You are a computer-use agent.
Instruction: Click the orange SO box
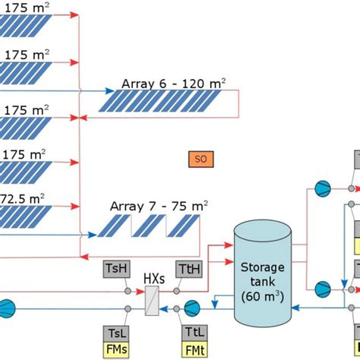point(201,159)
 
